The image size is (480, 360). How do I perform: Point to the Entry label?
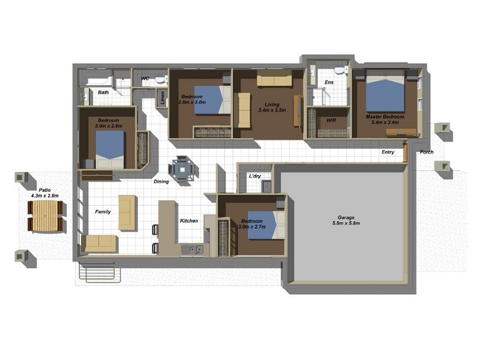click(x=388, y=152)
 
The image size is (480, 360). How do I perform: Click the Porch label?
click(x=426, y=152)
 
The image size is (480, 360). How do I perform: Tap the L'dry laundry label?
click(x=255, y=176)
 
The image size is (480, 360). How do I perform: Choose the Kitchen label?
click(x=189, y=221)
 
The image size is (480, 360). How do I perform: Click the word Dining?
click(x=161, y=181)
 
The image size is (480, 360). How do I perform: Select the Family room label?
click(x=103, y=212)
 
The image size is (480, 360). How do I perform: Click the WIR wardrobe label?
click(x=331, y=121)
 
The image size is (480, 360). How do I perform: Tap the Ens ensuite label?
click(x=329, y=82)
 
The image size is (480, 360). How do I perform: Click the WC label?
click(x=145, y=79)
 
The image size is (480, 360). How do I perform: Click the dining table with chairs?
click(x=181, y=169)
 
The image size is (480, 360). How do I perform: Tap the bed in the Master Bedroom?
click(x=386, y=92)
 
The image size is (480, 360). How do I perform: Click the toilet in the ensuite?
click(x=340, y=70)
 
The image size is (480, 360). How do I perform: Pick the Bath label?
click(x=104, y=92)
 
